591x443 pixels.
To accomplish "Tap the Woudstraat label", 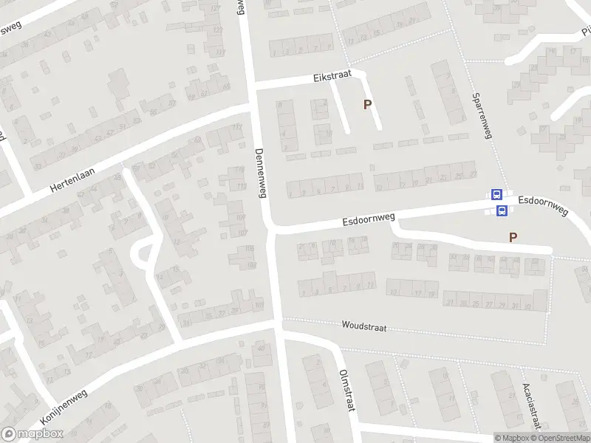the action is click(364, 326).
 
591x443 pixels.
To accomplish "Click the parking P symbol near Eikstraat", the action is click(366, 105).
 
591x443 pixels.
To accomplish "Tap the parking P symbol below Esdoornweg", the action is click(512, 237).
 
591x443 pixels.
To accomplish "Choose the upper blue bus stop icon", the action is click(496, 196).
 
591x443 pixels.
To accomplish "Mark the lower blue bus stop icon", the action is click(502, 211).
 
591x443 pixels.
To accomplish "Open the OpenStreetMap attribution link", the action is click(563, 437).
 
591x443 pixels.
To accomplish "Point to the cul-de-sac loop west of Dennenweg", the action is click(142, 253).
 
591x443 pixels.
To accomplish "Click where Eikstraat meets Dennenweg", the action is click(251, 87).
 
